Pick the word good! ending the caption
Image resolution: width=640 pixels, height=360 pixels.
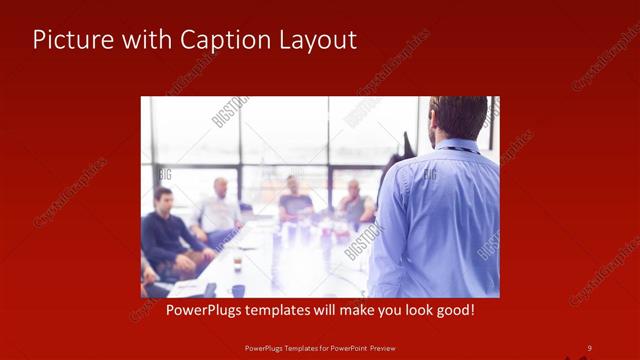point(452,311)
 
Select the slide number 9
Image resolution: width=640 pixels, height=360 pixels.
point(589,347)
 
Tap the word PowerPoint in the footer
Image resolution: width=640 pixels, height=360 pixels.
point(343,347)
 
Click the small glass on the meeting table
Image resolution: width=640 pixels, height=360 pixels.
point(237,262)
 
